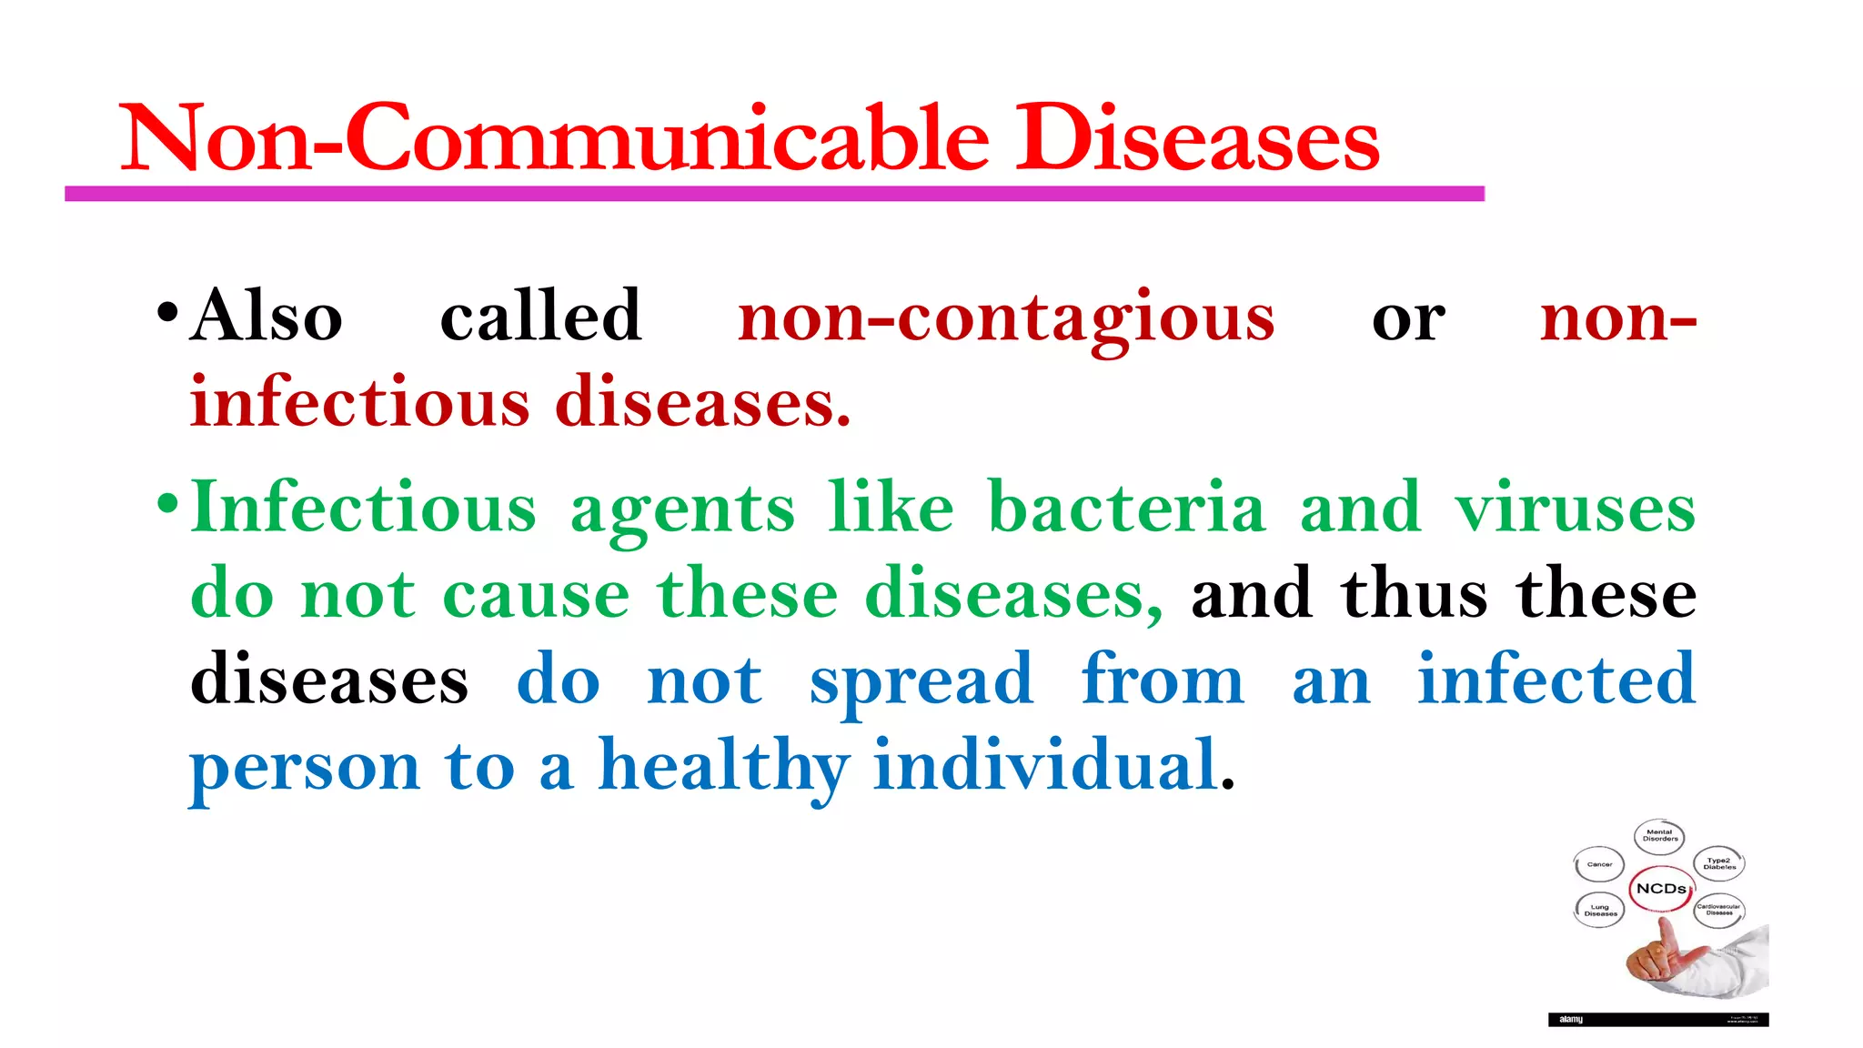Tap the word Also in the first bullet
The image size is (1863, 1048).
point(266,317)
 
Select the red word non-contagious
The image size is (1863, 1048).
point(1006,318)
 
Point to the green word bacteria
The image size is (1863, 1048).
point(1126,508)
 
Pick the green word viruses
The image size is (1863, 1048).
point(1575,508)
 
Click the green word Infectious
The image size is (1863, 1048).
point(364,508)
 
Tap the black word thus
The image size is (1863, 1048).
point(1414,594)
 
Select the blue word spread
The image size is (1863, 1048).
point(921,680)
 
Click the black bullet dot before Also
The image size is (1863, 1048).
point(167,313)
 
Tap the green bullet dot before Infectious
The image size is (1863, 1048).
point(167,503)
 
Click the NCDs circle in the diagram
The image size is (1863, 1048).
point(1661,889)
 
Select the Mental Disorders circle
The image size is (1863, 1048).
point(1660,835)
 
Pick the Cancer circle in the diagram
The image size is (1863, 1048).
point(1599,864)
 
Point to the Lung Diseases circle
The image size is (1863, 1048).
point(1600,910)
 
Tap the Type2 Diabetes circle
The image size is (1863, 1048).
point(1719,863)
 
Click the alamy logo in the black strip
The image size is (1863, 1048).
point(1571,1020)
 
